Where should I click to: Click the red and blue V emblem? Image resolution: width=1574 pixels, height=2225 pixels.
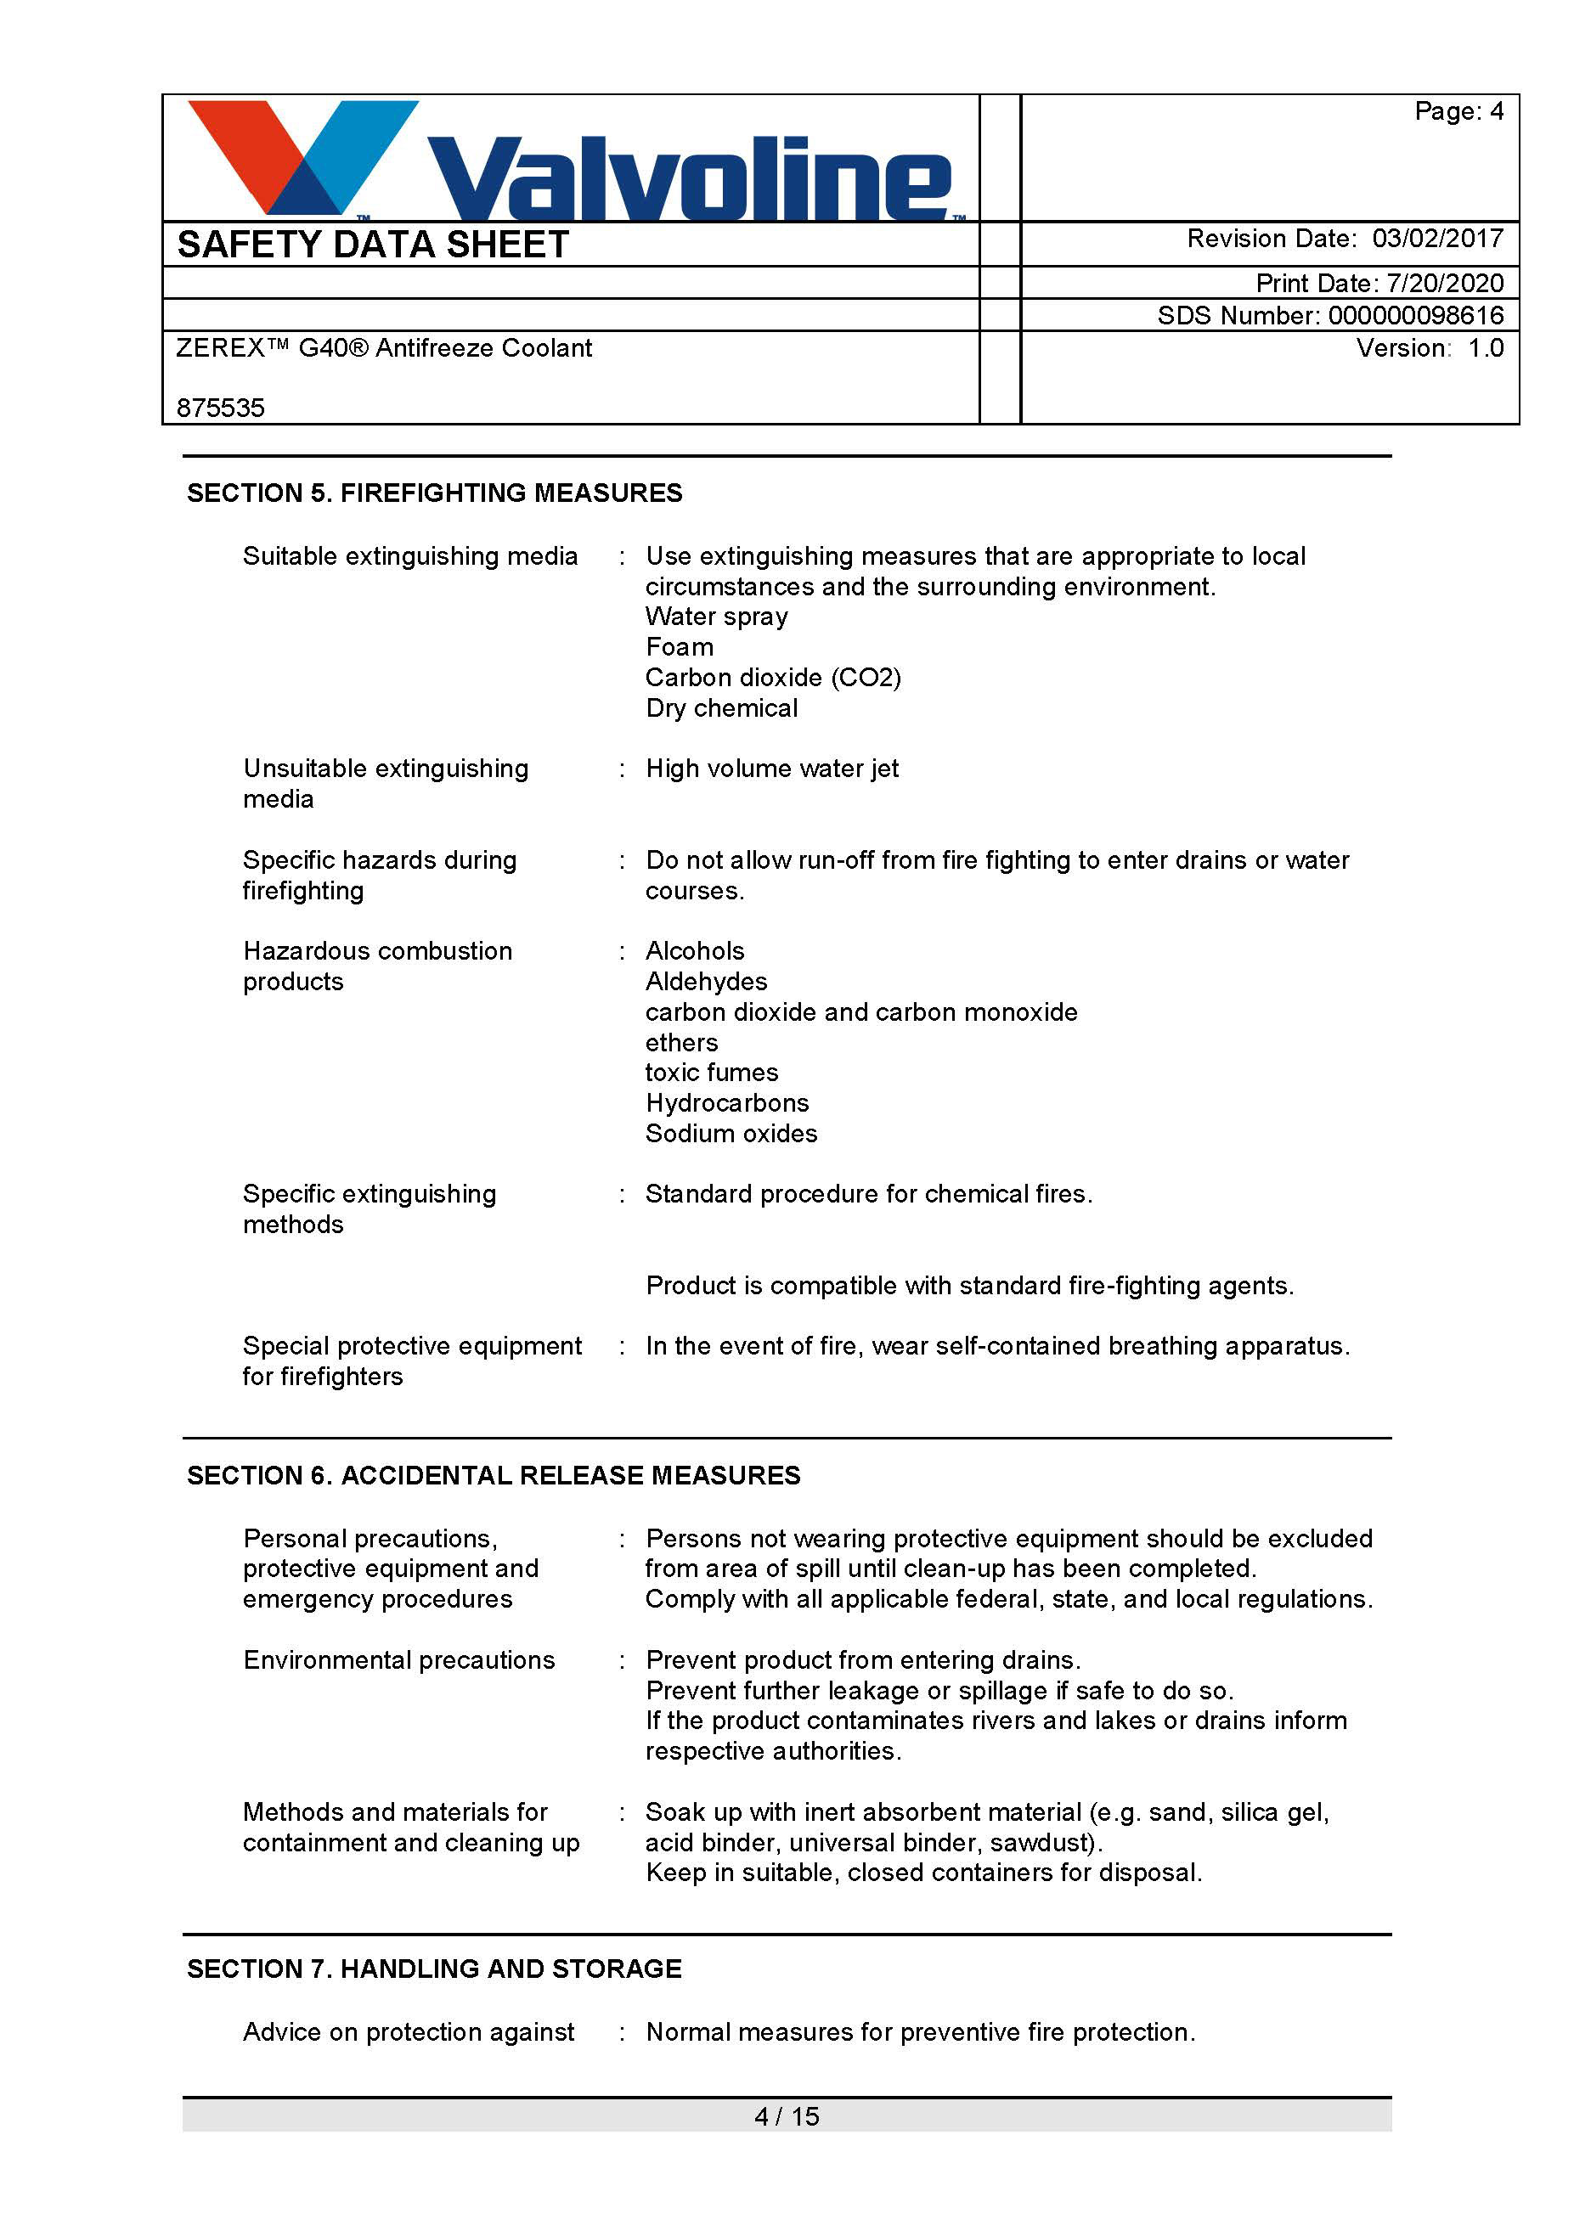click(301, 155)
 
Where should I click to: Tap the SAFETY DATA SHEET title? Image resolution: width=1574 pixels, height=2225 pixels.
click(373, 245)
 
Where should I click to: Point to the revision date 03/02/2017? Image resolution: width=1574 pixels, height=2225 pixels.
click(1437, 239)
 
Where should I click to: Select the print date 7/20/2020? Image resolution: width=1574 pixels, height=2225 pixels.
click(1445, 283)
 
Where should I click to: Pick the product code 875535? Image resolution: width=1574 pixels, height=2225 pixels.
click(221, 408)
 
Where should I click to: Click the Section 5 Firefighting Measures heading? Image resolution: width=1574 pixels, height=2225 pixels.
click(434, 493)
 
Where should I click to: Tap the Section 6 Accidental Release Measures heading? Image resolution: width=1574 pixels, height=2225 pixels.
click(494, 1475)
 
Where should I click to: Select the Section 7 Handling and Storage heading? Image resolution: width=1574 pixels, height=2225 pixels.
click(434, 1969)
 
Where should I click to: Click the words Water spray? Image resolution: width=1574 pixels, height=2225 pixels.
click(716, 617)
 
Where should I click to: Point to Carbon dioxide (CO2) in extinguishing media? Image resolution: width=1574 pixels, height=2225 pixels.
click(772, 678)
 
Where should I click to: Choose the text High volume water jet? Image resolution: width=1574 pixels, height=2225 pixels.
click(771, 769)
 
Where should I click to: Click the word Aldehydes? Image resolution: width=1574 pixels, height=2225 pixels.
click(706, 982)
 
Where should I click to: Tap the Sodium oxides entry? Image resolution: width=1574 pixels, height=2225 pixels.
click(731, 1134)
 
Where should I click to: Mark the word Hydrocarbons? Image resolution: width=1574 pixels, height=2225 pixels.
click(727, 1103)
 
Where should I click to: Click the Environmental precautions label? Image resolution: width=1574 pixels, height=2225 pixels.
click(398, 1660)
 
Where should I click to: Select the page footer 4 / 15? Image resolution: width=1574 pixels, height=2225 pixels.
click(786, 2116)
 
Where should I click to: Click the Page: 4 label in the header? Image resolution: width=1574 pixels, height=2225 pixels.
click(1458, 111)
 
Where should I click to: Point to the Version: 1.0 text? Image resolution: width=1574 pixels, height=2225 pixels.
click(1430, 348)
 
